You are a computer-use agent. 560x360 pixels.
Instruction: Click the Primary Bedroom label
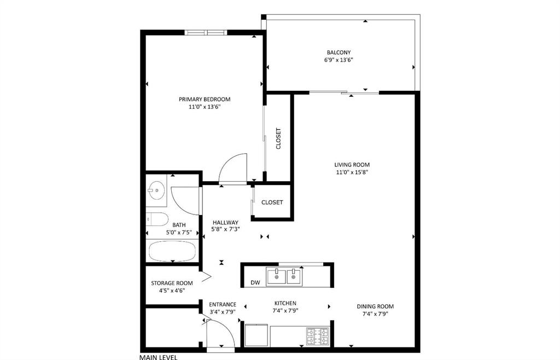tap(205, 99)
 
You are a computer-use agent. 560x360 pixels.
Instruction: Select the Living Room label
tap(352, 165)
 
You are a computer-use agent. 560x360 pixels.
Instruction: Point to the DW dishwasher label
tap(255, 282)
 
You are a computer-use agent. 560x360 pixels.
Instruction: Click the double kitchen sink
tap(284, 276)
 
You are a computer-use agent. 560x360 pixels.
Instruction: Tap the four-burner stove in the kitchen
tap(318, 336)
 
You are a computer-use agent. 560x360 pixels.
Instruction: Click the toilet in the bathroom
tap(157, 219)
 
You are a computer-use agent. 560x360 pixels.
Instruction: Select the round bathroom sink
tap(156, 190)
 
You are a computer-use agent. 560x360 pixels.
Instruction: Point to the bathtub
tap(172, 251)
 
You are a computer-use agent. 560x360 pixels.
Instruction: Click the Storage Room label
tap(172, 283)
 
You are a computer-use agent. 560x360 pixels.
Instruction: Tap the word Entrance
tap(223, 304)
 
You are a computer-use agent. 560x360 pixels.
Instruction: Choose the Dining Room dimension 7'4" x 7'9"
tap(375, 314)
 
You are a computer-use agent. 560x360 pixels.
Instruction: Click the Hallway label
tap(225, 222)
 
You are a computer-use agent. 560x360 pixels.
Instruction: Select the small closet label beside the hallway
tap(272, 202)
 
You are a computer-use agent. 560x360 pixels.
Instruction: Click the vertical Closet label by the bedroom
tap(278, 138)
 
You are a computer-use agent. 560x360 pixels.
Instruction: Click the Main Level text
tap(158, 357)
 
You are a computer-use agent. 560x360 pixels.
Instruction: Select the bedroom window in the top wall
tap(206, 33)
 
